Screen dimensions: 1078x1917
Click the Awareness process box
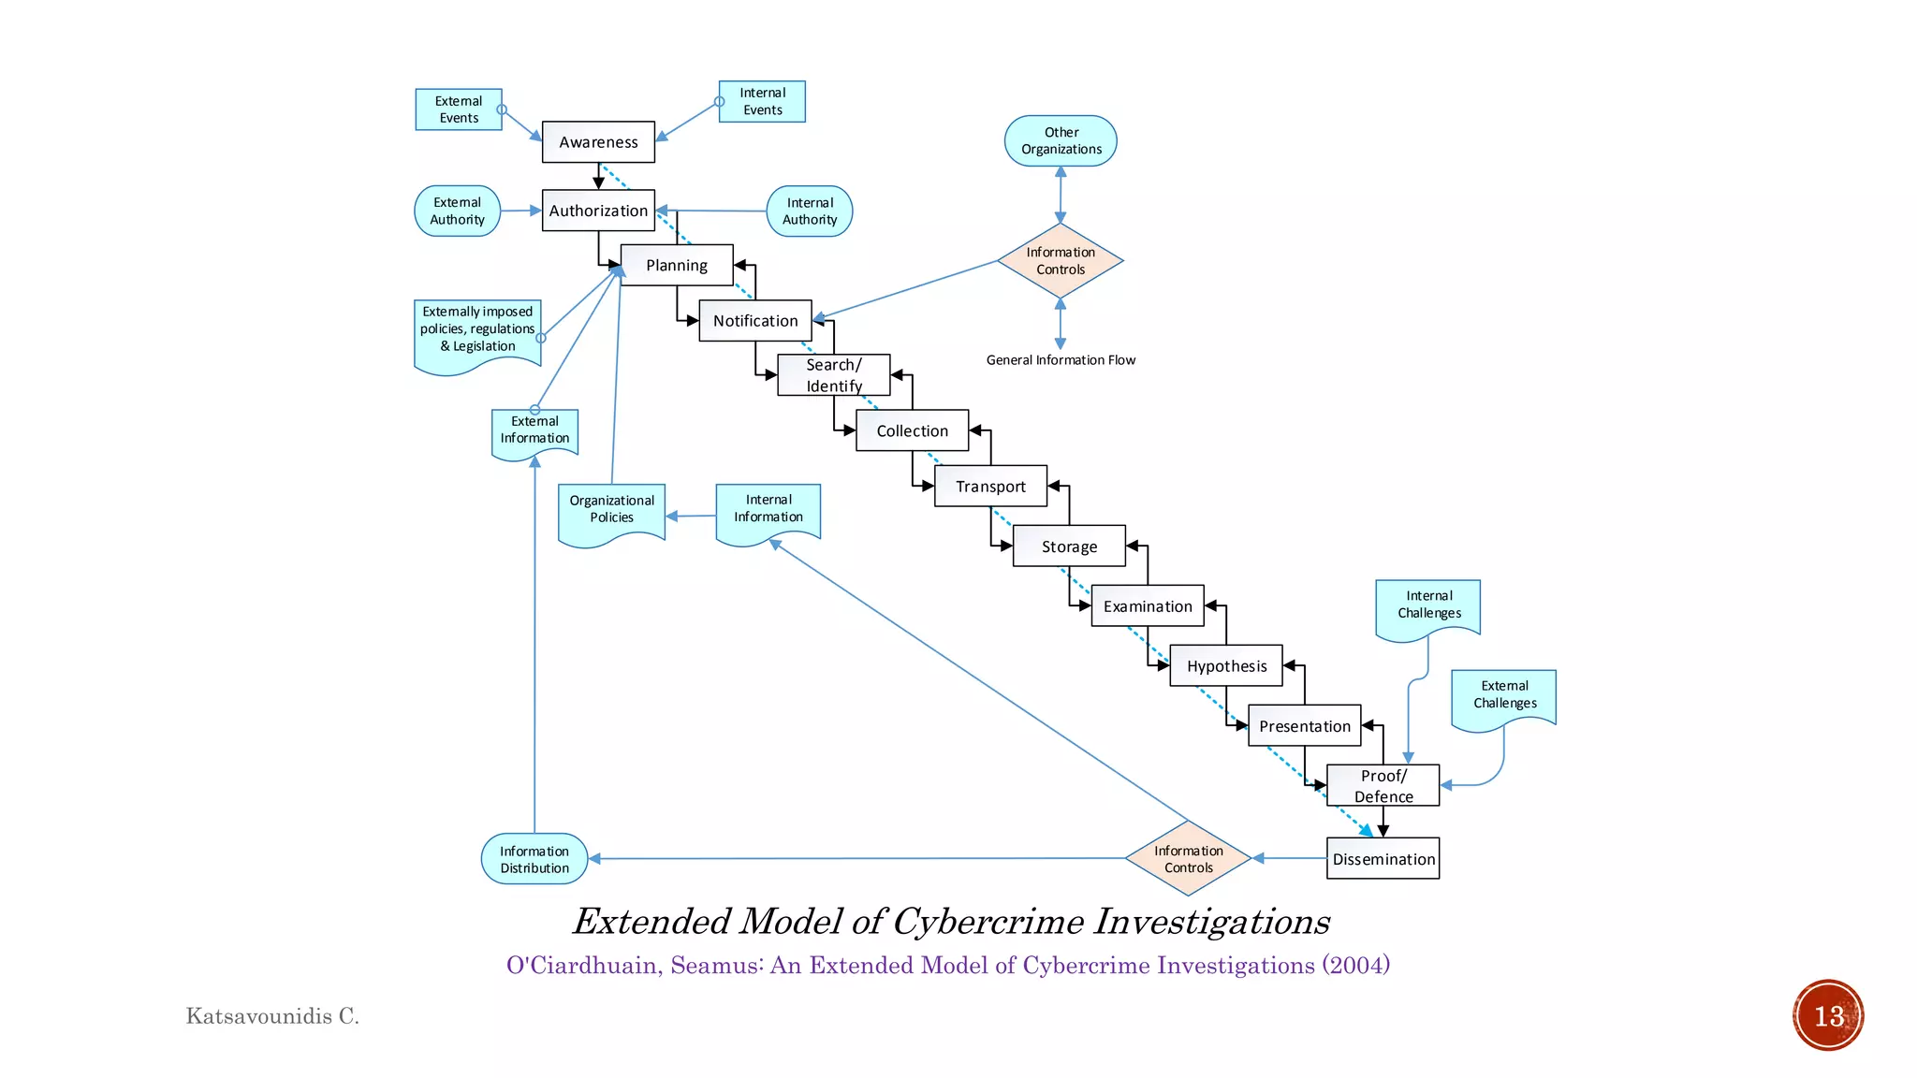[x=598, y=142]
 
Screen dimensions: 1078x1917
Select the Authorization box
[x=598, y=211]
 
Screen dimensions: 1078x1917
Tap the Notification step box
[x=755, y=321]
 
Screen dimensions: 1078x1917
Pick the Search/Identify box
[x=833, y=375]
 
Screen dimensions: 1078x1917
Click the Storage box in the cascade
[x=1069, y=546]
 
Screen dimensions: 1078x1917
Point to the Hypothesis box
[x=1226, y=666]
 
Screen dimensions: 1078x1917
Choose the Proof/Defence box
[x=1383, y=786]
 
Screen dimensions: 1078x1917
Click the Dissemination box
[x=1383, y=859]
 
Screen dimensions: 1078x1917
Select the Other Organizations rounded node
[x=1061, y=141]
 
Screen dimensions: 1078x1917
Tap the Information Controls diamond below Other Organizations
[x=1061, y=261]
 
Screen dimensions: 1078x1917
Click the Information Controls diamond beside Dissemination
[x=1188, y=859]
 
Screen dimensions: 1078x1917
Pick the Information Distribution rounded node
[x=534, y=859]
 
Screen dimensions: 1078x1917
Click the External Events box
[x=459, y=109]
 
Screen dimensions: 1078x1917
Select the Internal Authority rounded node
[x=810, y=211]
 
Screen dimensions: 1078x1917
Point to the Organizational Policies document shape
[x=611, y=510]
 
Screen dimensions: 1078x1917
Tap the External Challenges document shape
[x=1504, y=695]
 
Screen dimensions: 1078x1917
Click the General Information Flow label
[x=1061, y=360]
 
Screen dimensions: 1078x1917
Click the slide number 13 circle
[x=1828, y=1016]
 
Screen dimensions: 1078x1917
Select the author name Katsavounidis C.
[x=272, y=1016]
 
